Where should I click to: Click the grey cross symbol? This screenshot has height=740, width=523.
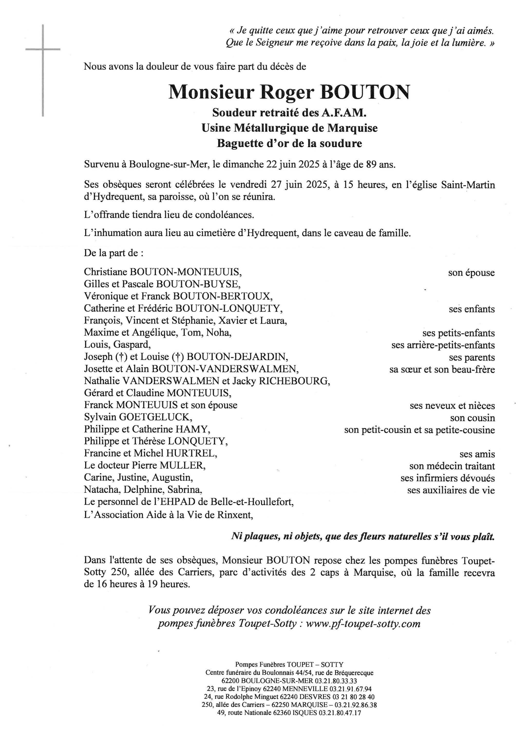43,50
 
